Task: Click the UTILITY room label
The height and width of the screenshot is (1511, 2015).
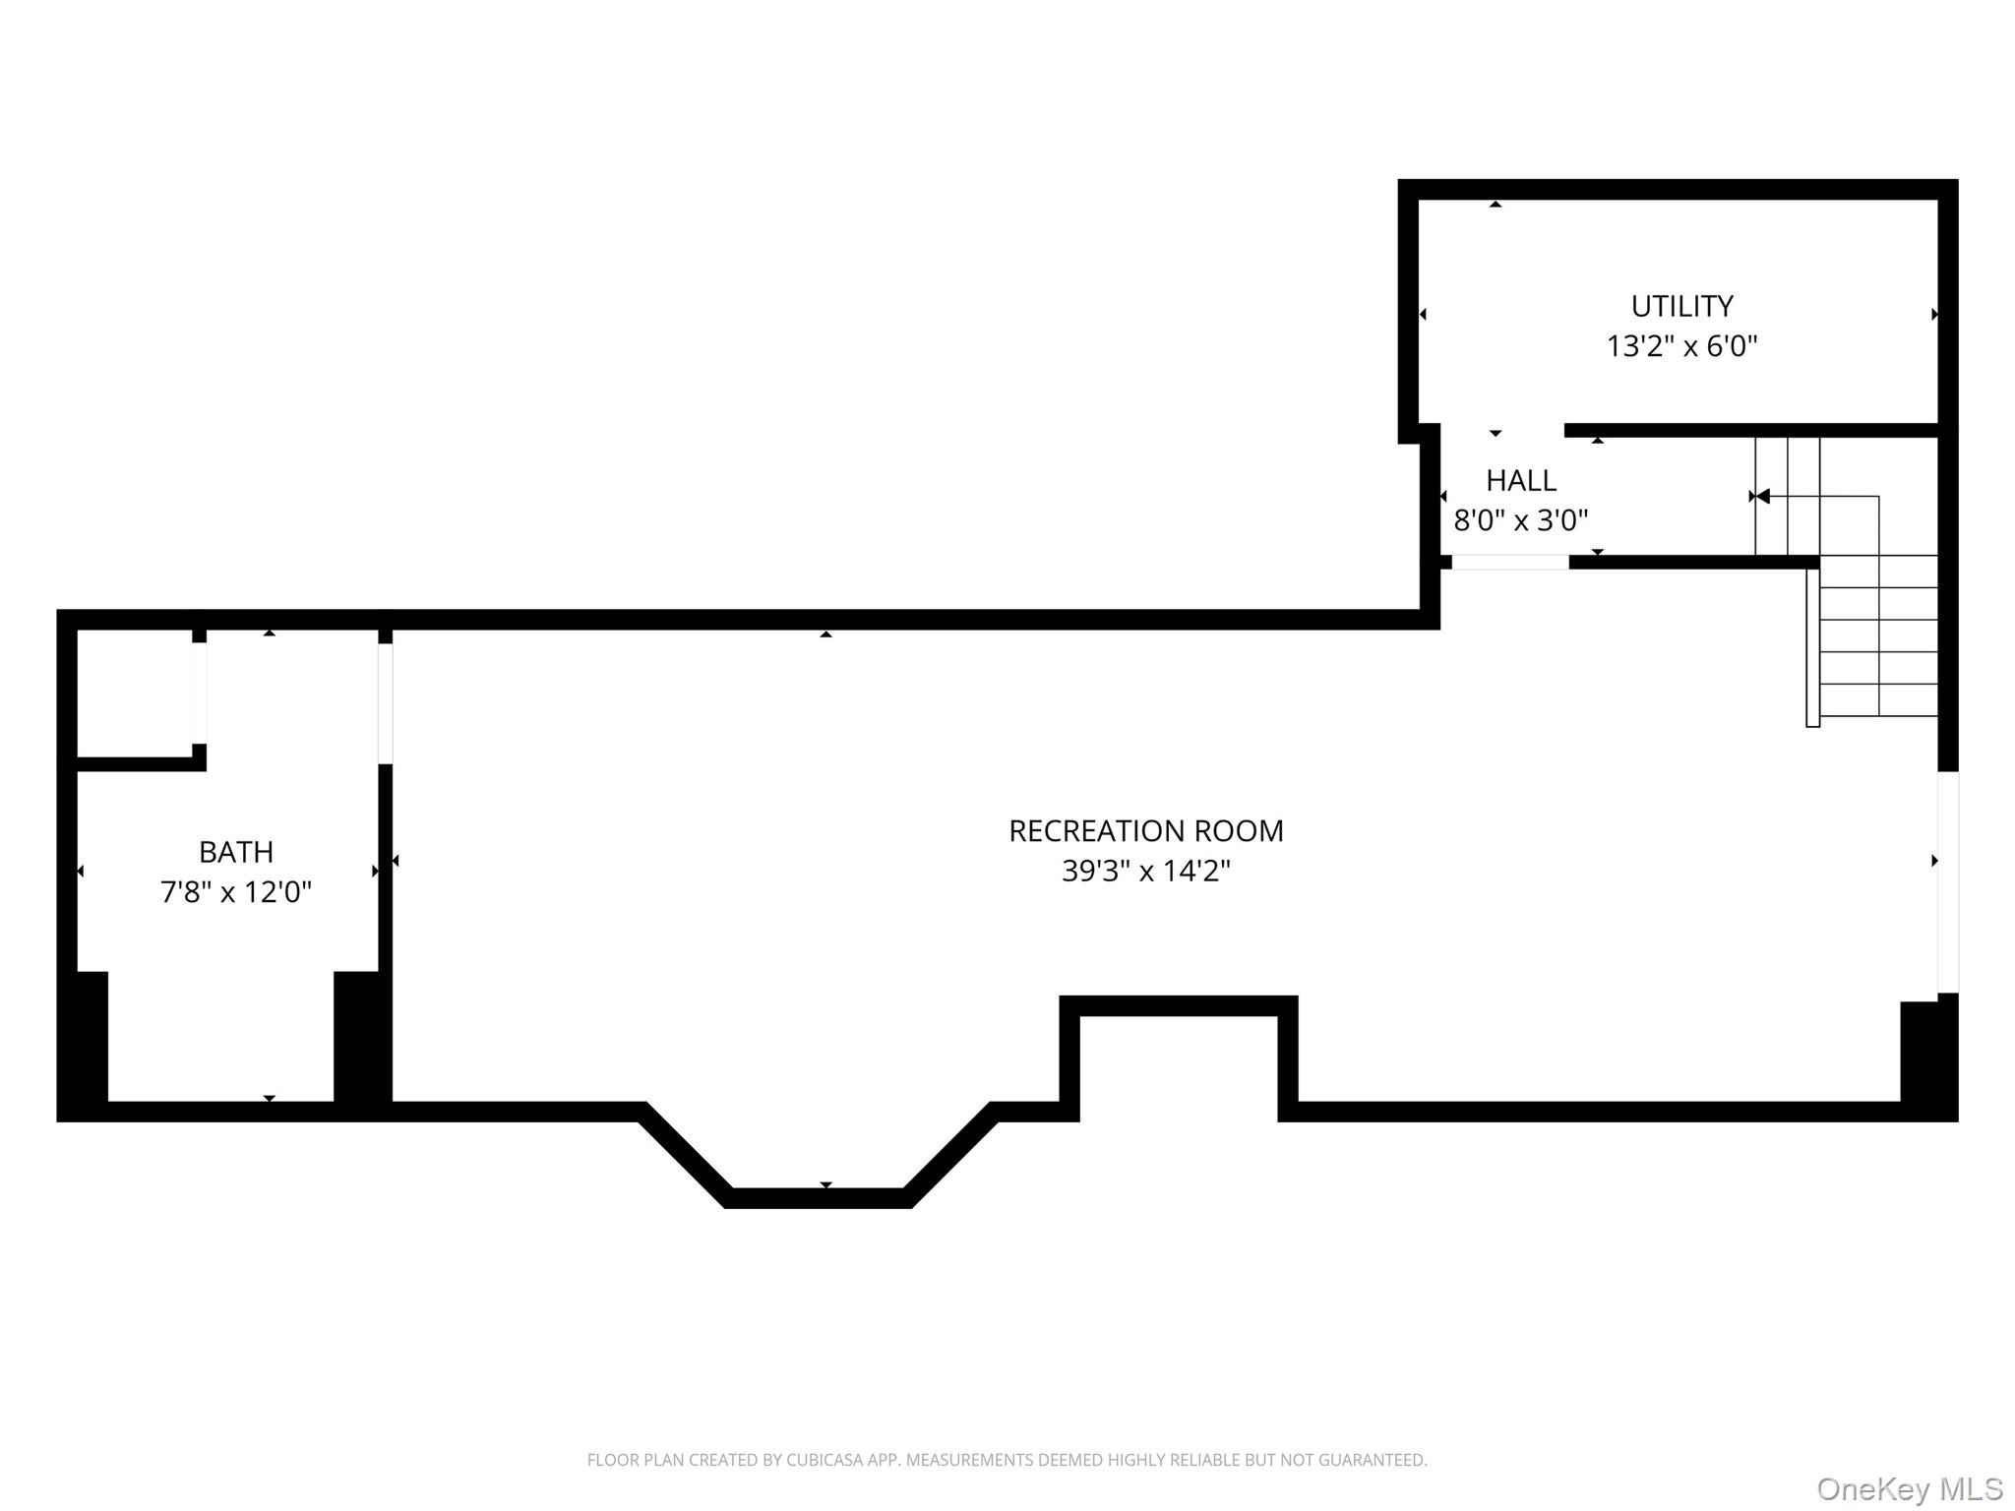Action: pos(1681,306)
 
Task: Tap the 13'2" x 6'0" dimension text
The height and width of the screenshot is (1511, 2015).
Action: pos(1681,346)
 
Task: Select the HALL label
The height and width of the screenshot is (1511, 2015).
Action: pos(1521,480)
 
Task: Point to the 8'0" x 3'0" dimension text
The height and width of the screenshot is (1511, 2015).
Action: pos(1521,519)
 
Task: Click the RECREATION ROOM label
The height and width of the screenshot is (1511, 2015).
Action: pos(1146,831)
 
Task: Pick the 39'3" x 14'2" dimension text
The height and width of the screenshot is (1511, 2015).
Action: pos(1146,871)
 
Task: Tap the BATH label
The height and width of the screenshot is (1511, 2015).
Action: pos(236,852)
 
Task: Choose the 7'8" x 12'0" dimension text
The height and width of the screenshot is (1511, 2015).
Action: pos(236,891)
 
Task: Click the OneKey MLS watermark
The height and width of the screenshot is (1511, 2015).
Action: pos(1910,1488)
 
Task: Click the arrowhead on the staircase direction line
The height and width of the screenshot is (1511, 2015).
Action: pos(1762,496)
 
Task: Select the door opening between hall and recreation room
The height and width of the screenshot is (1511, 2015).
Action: pos(1510,563)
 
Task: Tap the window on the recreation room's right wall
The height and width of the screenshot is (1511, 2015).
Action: pos(1948,882)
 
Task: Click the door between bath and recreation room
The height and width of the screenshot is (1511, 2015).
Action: pos(386,703)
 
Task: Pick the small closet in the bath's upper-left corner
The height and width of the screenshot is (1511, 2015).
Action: pos(135,694)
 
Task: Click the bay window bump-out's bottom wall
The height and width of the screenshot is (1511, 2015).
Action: pos(819,1198)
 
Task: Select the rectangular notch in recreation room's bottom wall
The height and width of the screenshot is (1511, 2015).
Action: pos(1179,1058)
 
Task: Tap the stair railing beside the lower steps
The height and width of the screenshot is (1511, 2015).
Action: pos(1813,648)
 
